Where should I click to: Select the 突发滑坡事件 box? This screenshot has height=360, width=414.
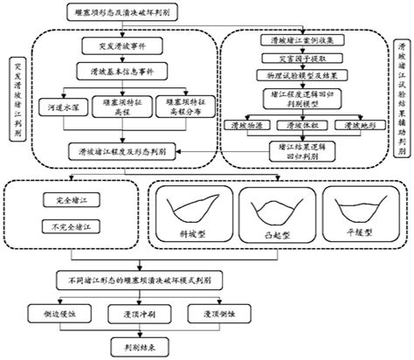tap(114, 43)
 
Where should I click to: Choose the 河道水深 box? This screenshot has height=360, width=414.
tap(52, 110)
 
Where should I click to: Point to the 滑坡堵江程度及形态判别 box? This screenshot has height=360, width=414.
tap(114, 149)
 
